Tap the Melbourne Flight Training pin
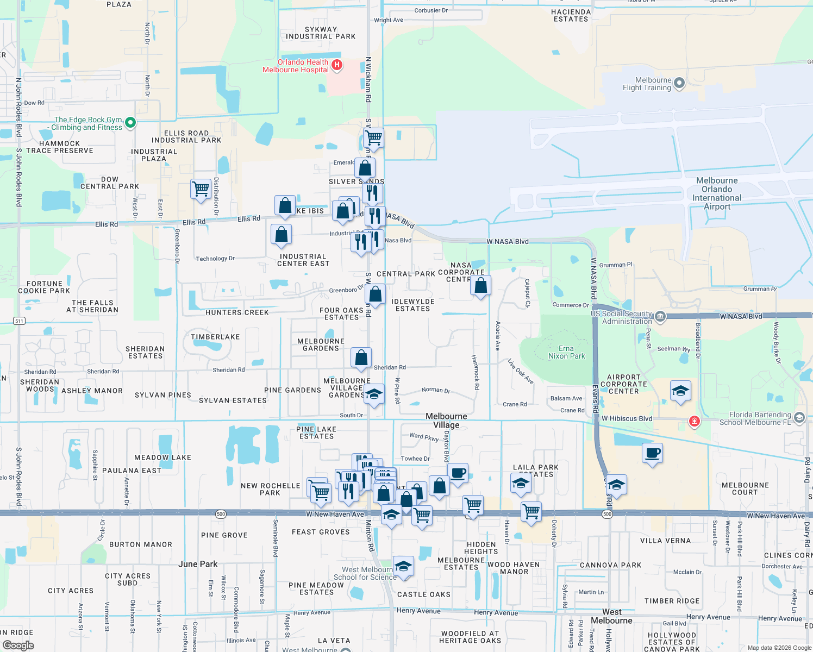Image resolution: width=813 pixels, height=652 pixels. (679, 83)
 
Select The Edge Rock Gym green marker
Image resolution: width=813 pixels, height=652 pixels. (130, 123)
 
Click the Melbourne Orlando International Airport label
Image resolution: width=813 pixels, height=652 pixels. (717, 193)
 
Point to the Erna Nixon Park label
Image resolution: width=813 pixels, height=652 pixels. (566, 352)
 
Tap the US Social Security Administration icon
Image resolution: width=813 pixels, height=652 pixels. (660, 317)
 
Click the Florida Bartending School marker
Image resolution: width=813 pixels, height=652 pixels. (798, 417)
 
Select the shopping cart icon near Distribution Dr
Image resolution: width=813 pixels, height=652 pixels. (201, 189)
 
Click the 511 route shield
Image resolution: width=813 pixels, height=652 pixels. (19, 321)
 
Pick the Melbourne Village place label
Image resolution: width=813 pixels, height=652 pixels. (446, 421)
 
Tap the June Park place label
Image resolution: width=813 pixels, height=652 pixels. (198, 564)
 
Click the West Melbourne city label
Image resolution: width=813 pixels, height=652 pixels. (611, 616)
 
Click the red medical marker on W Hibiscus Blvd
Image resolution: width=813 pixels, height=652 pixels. (694, 421)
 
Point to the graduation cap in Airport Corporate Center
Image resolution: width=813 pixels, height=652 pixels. (680, 391)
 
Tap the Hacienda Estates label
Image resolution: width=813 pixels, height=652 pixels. (571, 15)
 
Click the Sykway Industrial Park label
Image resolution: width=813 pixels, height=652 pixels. (321, 33)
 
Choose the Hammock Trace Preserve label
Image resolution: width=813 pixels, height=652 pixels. (60, 147)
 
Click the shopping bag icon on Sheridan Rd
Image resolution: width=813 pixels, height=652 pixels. (361, 358)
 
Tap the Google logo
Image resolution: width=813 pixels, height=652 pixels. (18, 645)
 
